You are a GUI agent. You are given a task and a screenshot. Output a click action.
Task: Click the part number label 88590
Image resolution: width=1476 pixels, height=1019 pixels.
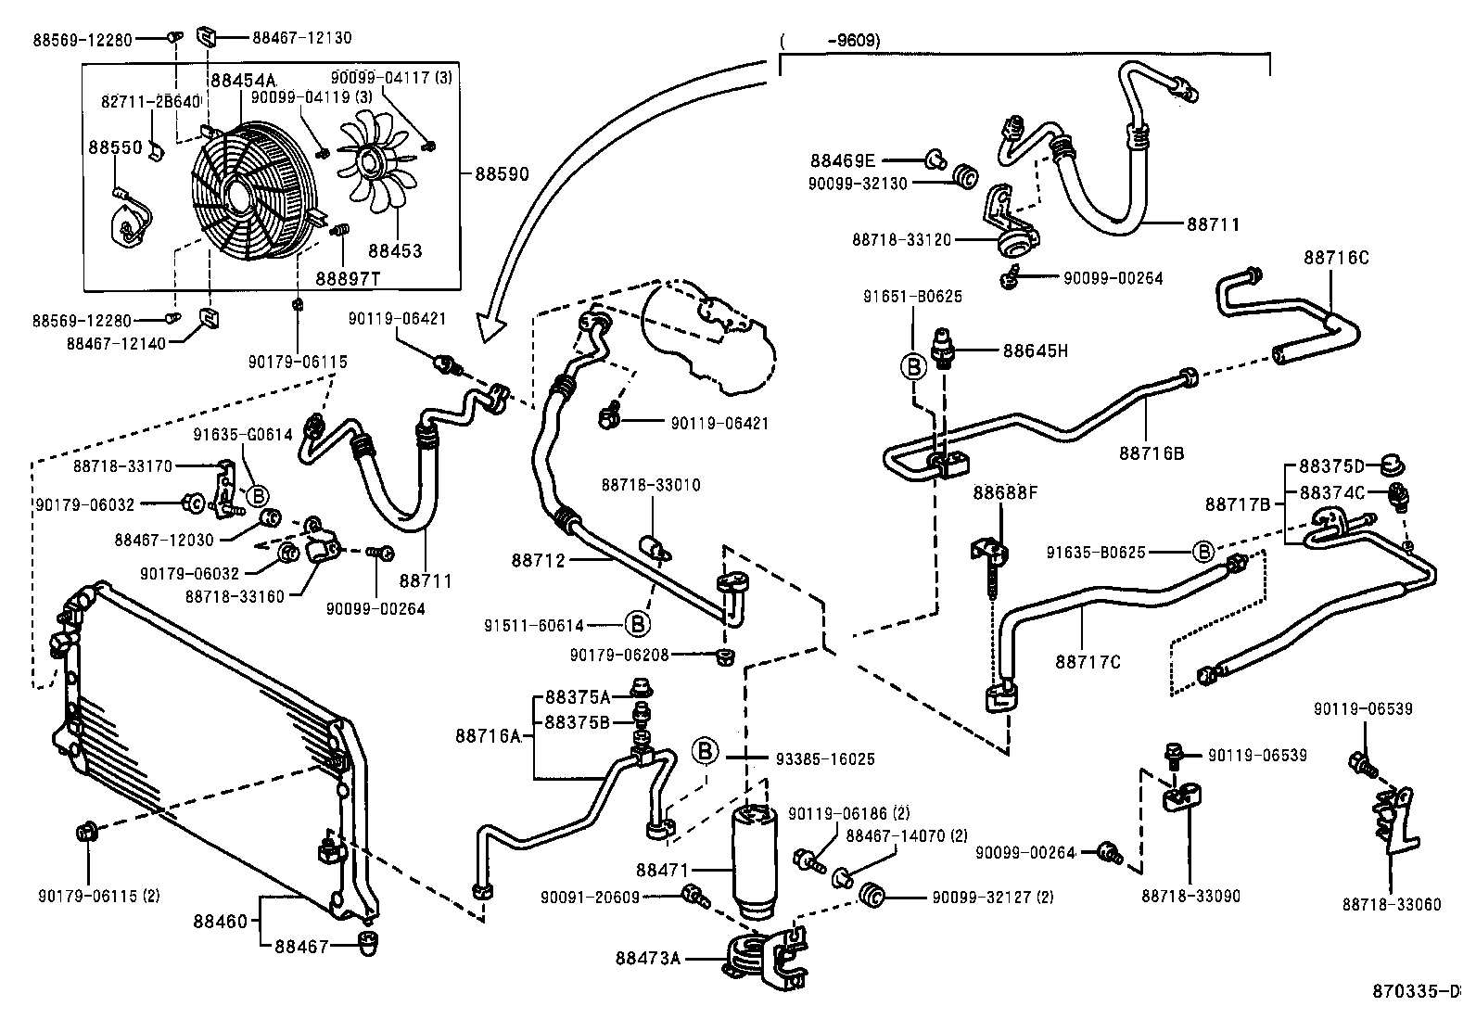coord(502,172)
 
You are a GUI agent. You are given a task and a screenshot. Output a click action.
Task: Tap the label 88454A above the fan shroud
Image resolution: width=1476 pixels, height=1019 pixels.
coord(243,81)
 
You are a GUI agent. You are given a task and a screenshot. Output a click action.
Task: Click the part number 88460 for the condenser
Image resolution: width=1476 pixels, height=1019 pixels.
coord(221,922)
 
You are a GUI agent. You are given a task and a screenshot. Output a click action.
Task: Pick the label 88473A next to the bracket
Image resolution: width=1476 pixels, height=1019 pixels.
coord(647,958)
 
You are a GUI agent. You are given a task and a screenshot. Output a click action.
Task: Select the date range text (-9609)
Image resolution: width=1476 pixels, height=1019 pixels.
coord(830,40)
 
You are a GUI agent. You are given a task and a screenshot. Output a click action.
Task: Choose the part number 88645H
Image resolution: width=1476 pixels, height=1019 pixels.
coord(1036,350)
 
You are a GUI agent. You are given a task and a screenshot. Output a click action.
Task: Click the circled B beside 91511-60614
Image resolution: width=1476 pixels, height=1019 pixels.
coord(638,623)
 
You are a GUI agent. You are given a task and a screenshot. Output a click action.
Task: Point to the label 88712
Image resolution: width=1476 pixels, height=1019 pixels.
coord(538,560)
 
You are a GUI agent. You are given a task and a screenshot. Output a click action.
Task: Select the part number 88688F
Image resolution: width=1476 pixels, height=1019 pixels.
coord(1005,491)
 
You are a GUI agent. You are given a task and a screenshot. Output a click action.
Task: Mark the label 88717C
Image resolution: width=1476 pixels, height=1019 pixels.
coord(1088,661)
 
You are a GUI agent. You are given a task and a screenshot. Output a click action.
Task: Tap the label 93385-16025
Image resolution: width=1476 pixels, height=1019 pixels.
coord(824,758)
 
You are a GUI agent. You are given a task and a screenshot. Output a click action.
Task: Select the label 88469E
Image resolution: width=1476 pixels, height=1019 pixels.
coord(842,159)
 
